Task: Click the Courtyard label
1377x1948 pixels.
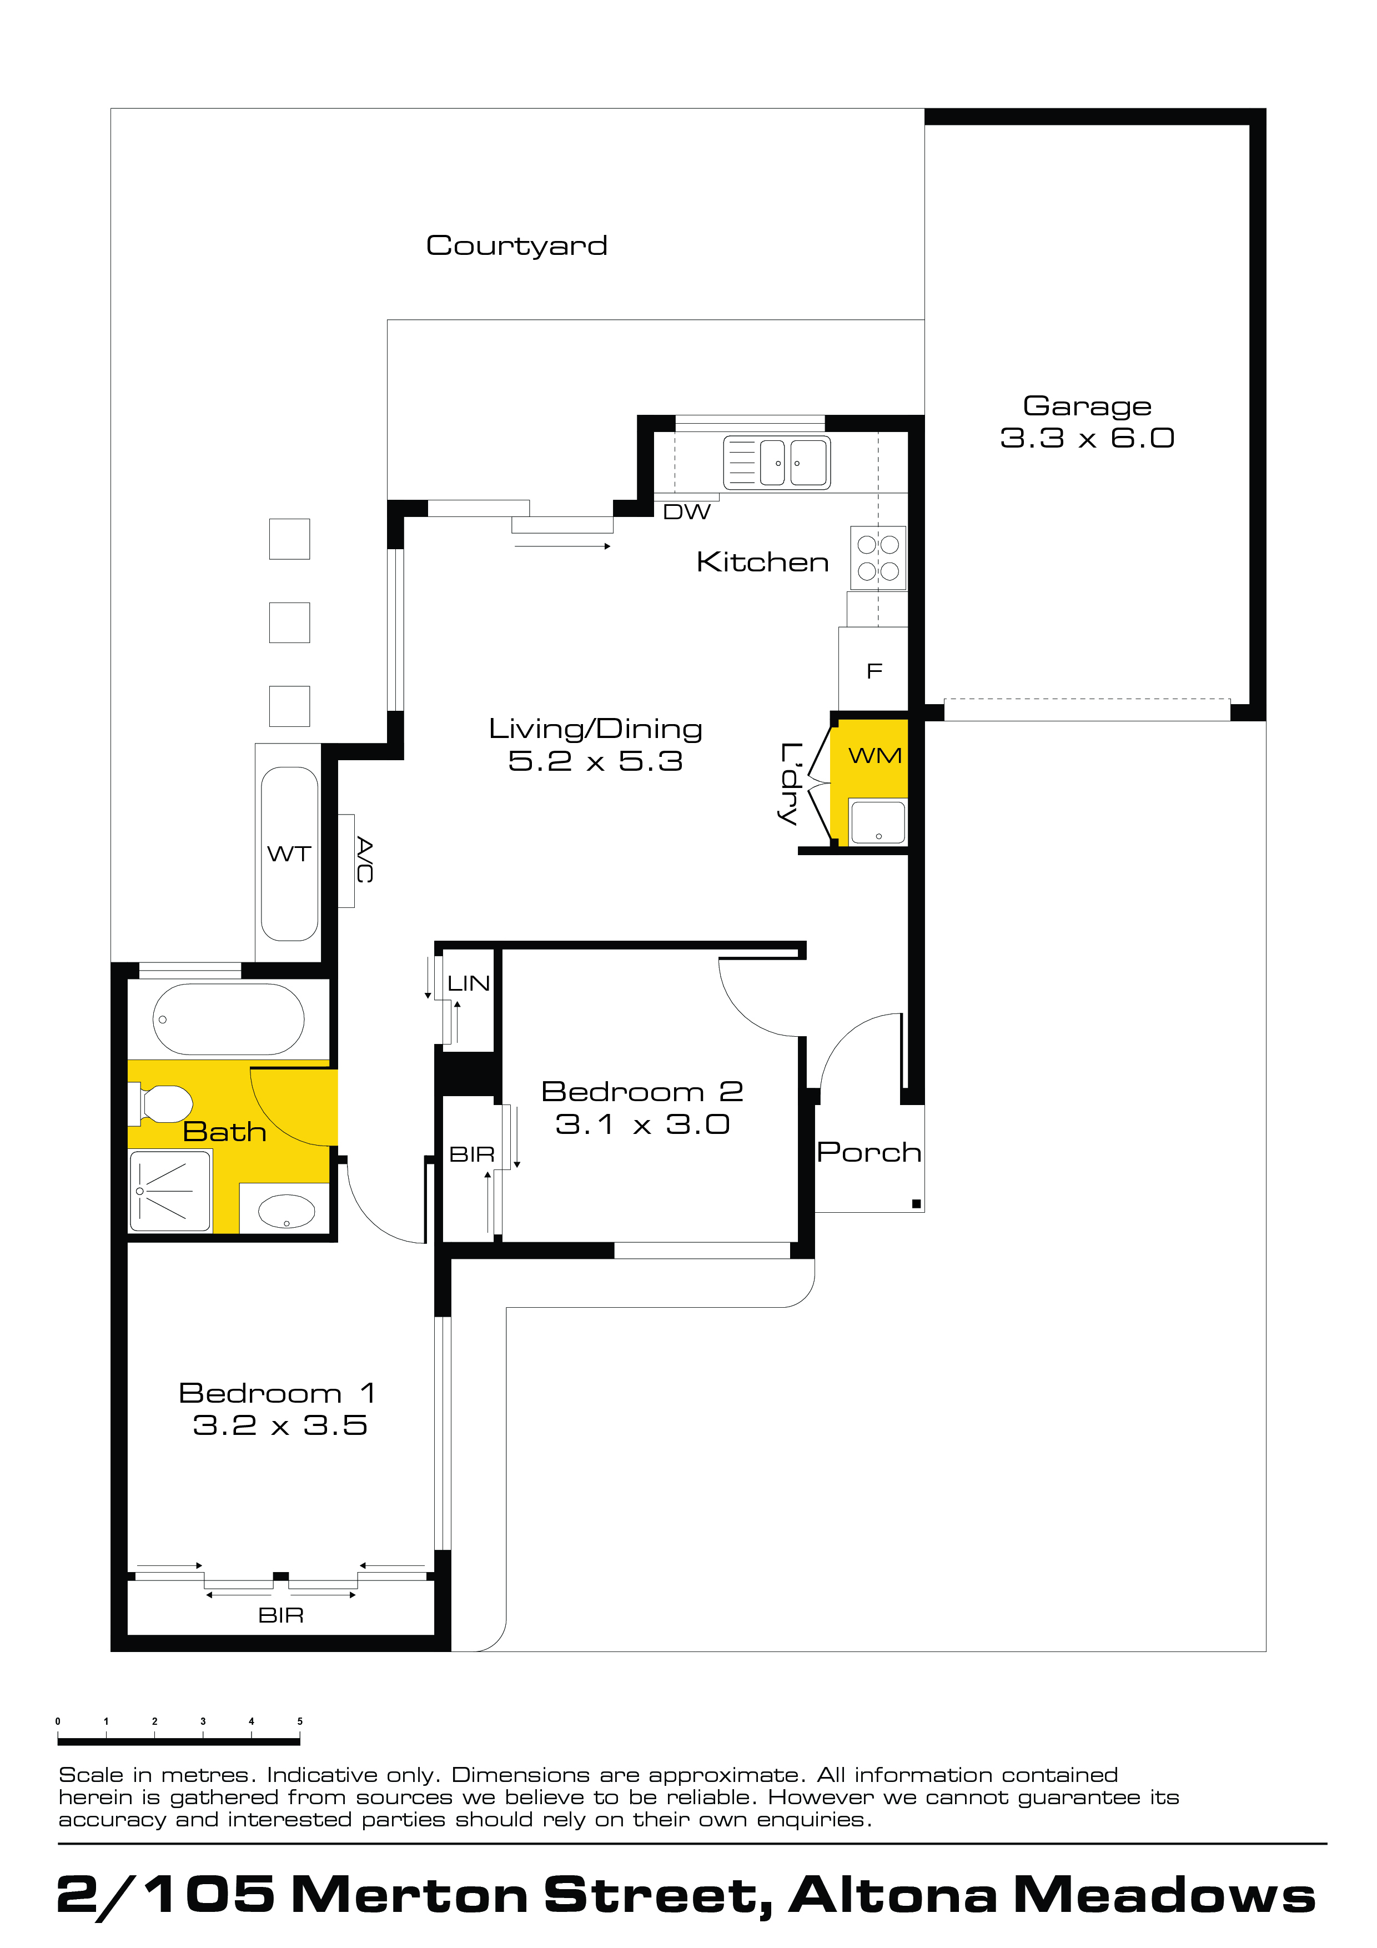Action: click(517, 246)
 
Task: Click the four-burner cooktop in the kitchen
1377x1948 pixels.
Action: click(878, 558)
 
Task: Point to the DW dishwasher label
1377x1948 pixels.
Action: click(686, 511)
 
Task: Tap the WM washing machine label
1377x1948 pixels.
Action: click(875, 755)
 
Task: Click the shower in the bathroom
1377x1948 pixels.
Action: click(170, 1191)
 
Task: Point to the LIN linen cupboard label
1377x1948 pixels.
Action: click(468, 983)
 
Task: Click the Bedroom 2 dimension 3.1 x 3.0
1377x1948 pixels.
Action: click(642, 1124)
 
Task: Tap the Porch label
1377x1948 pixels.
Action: click(869, 1152)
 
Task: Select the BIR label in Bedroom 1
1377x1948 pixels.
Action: click(281, 1615)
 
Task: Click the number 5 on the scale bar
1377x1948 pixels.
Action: click(299, 1721)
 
